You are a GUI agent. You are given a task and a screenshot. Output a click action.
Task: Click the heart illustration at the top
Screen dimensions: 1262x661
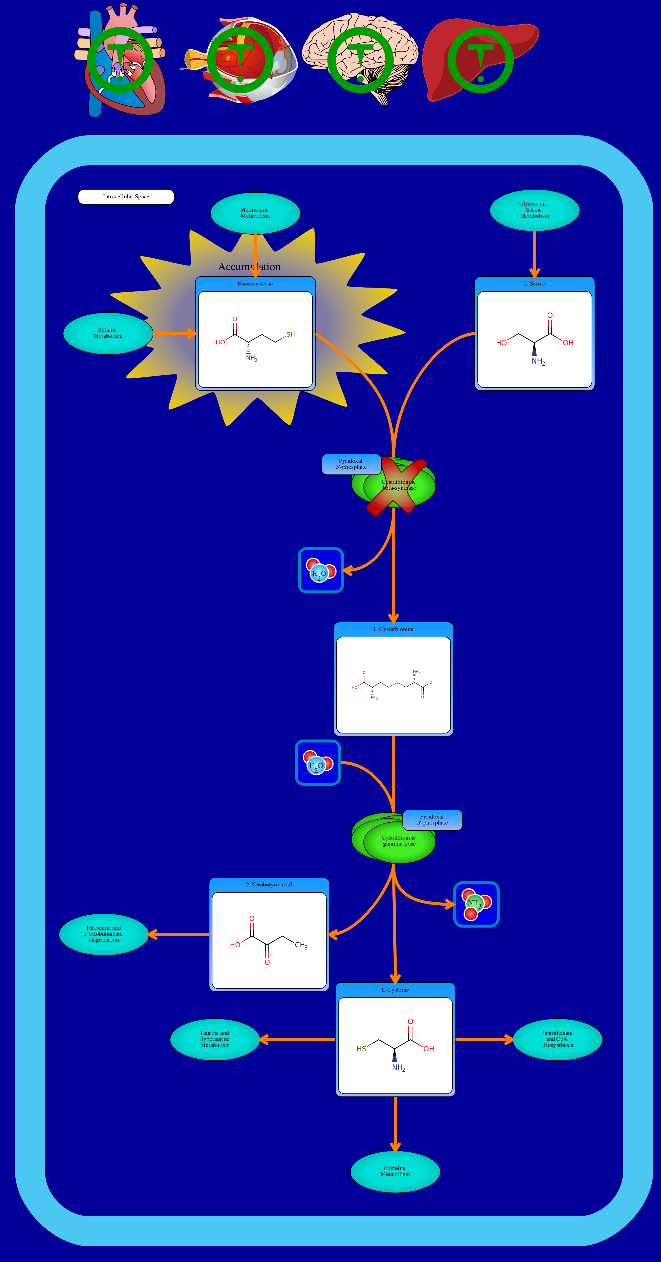click(120, 61)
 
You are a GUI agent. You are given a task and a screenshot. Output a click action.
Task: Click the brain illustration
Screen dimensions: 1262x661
click(360, 56)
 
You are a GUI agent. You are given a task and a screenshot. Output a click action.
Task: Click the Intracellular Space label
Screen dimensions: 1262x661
click(126, 197)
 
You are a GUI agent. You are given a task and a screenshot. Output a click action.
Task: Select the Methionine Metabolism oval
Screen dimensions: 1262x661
click(255, 213)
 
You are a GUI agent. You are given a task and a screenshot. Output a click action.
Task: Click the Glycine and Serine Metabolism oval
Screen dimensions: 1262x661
click(534, 210)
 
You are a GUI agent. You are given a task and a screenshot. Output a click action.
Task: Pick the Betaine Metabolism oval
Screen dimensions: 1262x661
click(108, 333)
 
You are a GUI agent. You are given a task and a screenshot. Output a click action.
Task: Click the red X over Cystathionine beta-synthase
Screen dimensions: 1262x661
click(397, 487)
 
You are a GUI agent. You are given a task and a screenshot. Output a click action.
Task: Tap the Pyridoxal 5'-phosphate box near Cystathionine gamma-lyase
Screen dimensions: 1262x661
click(432, 820)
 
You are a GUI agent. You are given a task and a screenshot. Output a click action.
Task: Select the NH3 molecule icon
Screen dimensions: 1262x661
click(476, 904)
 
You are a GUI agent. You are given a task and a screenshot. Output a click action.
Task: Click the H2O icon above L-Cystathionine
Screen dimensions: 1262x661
click(321, 570)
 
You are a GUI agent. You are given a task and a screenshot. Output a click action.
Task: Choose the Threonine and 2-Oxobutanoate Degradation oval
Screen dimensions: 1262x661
click(103, 934)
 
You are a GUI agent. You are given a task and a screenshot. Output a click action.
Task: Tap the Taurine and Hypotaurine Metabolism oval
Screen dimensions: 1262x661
click(215, 1039)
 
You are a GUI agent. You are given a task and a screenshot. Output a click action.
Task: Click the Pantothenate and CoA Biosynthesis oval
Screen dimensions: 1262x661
click(557, 1039)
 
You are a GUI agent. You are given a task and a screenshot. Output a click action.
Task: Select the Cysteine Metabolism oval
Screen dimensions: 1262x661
click(395, 1171)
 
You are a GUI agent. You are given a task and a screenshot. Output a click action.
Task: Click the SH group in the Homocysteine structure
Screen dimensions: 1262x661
click(291, 335)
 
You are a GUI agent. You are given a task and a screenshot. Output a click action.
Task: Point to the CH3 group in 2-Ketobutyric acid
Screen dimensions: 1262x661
click(301, 946)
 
